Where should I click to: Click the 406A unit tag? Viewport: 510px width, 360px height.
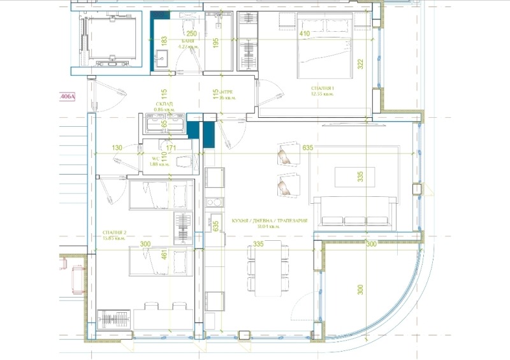(x=67, y=97)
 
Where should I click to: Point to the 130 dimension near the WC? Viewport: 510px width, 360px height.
(x=117, y=148)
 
